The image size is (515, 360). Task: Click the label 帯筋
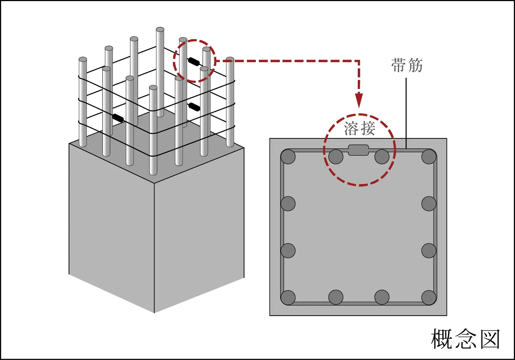point(407,65)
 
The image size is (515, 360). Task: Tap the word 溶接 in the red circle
point(359,128)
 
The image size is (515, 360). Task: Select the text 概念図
point(465,339)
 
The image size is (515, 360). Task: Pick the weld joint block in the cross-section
point(358,150)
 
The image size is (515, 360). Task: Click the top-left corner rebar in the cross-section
point(288,157)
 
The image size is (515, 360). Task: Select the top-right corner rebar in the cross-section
point(429,157)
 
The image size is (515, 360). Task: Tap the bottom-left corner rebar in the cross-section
point(288,297)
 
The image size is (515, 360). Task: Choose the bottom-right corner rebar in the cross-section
point(429,297)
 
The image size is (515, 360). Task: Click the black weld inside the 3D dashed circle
point(194,62)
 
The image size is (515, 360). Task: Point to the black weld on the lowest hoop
point(118,118)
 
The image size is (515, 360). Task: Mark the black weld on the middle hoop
point(194,107)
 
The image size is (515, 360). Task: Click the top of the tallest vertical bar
point(160,30)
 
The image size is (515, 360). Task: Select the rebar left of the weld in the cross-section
point(336,157)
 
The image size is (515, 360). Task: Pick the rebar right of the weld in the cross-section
point(382,157)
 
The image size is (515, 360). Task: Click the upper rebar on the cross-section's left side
point(288,204)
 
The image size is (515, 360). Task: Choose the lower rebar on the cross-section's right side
point(429,251)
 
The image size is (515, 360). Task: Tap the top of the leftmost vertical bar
point(83,59)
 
